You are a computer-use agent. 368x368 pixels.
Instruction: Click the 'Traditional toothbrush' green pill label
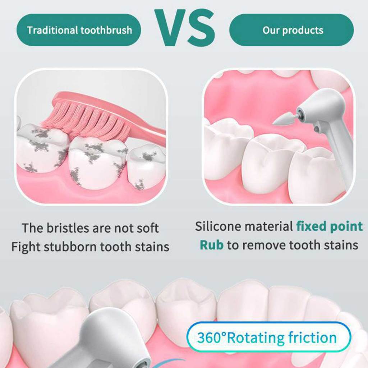pyautogui.click(x=79, y=30)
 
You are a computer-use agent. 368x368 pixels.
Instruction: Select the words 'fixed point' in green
pyautogui.click(x=329, y=226)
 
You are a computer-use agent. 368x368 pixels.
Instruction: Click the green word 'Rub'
pyautogui.click(x=211, y=245)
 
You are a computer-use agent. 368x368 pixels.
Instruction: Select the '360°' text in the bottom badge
pyautogui.click(x=212, y=337)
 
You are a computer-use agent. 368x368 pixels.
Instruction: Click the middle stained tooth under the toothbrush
pyautogui.click(x=97, y=162)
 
